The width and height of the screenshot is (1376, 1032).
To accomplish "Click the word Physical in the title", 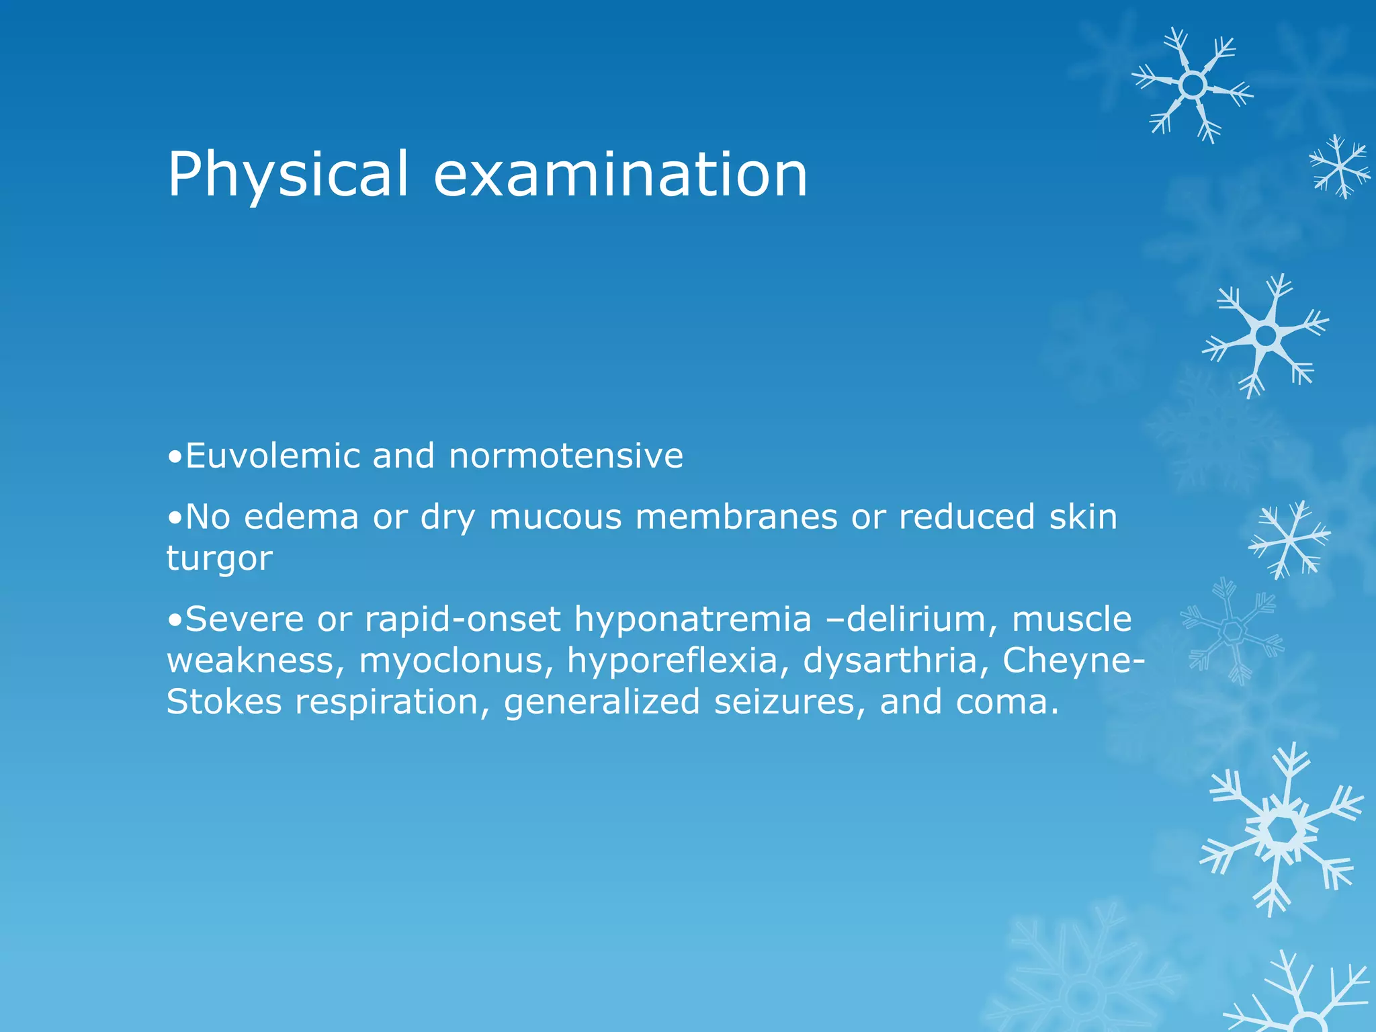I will click(288, 174).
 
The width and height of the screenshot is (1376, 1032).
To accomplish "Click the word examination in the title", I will click(620, 174).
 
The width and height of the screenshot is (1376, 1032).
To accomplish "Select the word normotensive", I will click(566, 456).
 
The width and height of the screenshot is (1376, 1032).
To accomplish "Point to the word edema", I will click(301, 517).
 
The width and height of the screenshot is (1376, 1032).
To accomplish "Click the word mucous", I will click(556, 517).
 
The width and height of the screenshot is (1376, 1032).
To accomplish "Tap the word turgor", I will click(219, 559).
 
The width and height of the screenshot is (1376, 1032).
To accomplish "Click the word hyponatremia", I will click(693, 619).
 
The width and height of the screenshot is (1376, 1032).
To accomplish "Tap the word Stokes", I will click(224, 702).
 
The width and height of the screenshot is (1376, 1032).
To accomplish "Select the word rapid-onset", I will click(463, 619).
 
